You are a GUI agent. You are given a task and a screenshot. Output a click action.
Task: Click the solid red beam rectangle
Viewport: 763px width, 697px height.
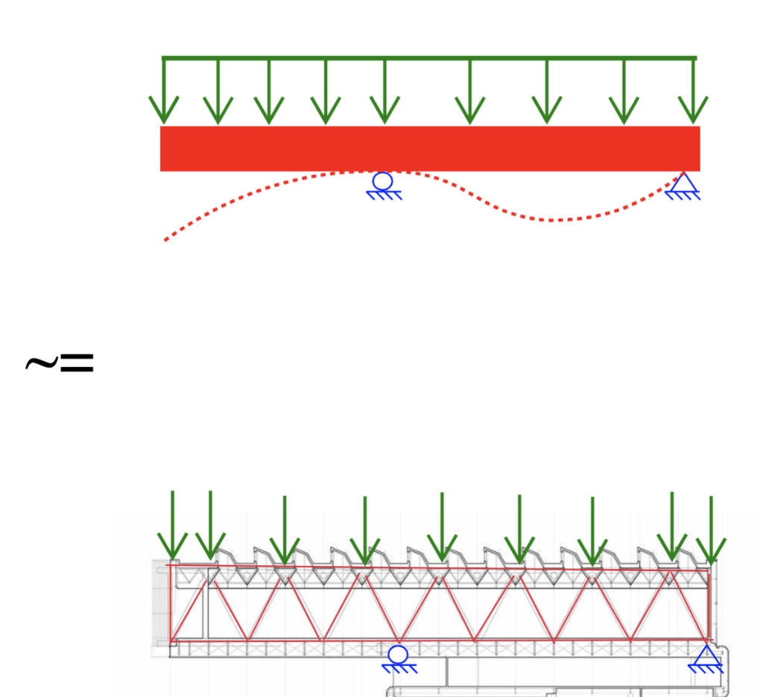pos(430,148)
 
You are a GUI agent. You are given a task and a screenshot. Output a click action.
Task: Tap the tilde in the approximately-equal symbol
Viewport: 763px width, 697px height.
pos(40,363)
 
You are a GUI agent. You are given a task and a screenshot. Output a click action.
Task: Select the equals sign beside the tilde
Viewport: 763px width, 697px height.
pos(77,363)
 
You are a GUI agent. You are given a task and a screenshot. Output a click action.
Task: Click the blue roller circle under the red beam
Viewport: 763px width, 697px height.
pos(383,181)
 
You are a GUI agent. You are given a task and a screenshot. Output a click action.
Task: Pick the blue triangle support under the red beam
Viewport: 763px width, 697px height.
pos(682,183)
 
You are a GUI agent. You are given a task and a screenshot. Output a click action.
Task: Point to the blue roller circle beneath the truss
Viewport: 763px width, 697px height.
pos(399,655)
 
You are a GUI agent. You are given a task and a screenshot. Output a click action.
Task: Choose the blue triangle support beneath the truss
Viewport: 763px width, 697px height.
pos(706,656)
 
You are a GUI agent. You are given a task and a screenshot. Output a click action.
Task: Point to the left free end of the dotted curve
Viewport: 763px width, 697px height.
pos(166,239)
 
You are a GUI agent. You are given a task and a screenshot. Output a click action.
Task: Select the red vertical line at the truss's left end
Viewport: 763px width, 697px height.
pos(171,603)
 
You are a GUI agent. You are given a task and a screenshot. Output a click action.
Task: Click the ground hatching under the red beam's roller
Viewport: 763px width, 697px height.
pos(384,195)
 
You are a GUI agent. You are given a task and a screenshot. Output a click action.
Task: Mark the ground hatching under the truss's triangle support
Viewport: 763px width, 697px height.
pos(706,669)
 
